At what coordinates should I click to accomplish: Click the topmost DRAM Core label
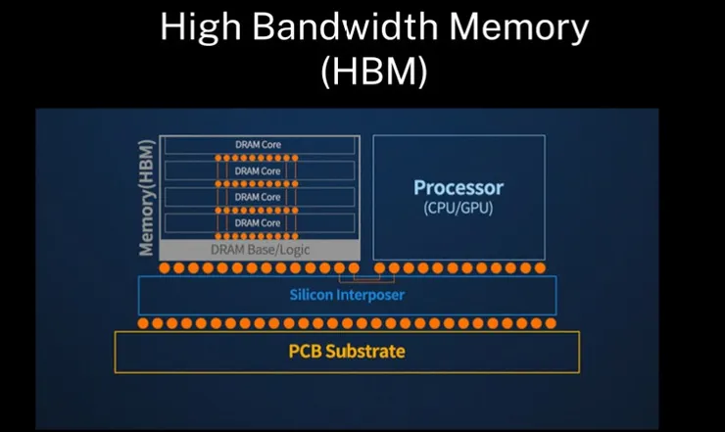point(258,145)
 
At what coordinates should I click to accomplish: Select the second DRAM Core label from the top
point(258,171)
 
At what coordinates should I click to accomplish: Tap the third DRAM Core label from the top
point(258,197)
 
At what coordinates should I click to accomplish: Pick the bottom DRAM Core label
point(258,223)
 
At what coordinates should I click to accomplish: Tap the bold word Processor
point(459,187)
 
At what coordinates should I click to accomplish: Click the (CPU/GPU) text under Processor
point(459,208)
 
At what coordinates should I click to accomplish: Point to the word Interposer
point(370,294)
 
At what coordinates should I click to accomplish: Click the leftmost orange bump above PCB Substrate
point(144,322)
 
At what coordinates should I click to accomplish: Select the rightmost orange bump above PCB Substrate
point(551,322)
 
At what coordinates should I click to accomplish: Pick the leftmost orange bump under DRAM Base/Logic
point(167,267)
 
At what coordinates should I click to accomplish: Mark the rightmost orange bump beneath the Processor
point(540,267)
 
